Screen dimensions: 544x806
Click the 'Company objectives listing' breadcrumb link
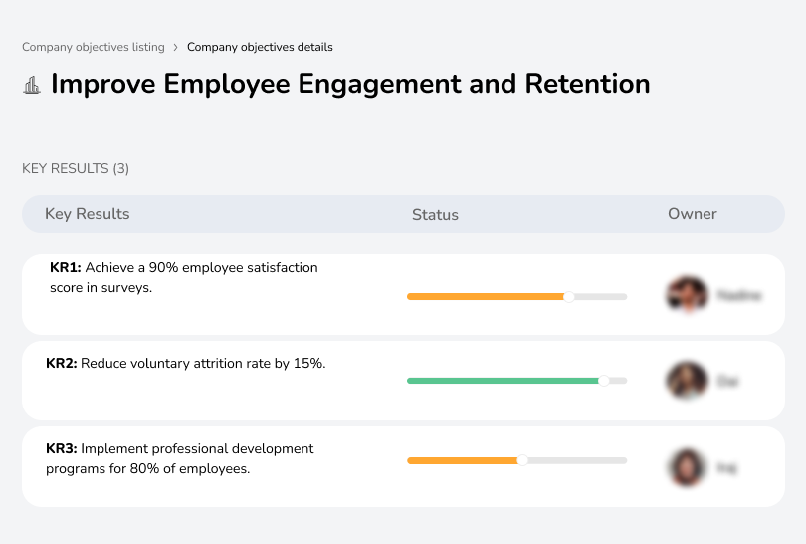pos(94,47)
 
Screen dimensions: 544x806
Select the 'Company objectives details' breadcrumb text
pos(260,47)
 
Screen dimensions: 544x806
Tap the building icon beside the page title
pos(32,85)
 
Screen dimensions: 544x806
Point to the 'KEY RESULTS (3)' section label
pos(76,169)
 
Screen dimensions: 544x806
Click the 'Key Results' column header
pos(87,214)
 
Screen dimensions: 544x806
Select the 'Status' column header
pos(435,215)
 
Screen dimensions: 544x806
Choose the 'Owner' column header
pos(692,214)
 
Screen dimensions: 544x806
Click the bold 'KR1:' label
pos(65,268)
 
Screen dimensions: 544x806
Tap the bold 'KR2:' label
pos(62,364)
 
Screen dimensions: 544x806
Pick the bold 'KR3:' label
pos(62,449)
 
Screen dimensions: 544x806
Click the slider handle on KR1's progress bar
pos(569,296)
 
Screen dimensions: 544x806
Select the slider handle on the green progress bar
pos(603,381)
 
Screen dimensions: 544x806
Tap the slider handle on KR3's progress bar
pos(522,460)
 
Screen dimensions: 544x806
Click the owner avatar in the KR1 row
pos(687,295)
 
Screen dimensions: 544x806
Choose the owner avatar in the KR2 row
pos(687,381)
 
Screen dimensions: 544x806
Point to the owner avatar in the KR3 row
pos(687,466)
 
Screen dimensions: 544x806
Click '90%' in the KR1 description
pos(163,268)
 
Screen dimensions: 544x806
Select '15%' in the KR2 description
pos(308,364)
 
